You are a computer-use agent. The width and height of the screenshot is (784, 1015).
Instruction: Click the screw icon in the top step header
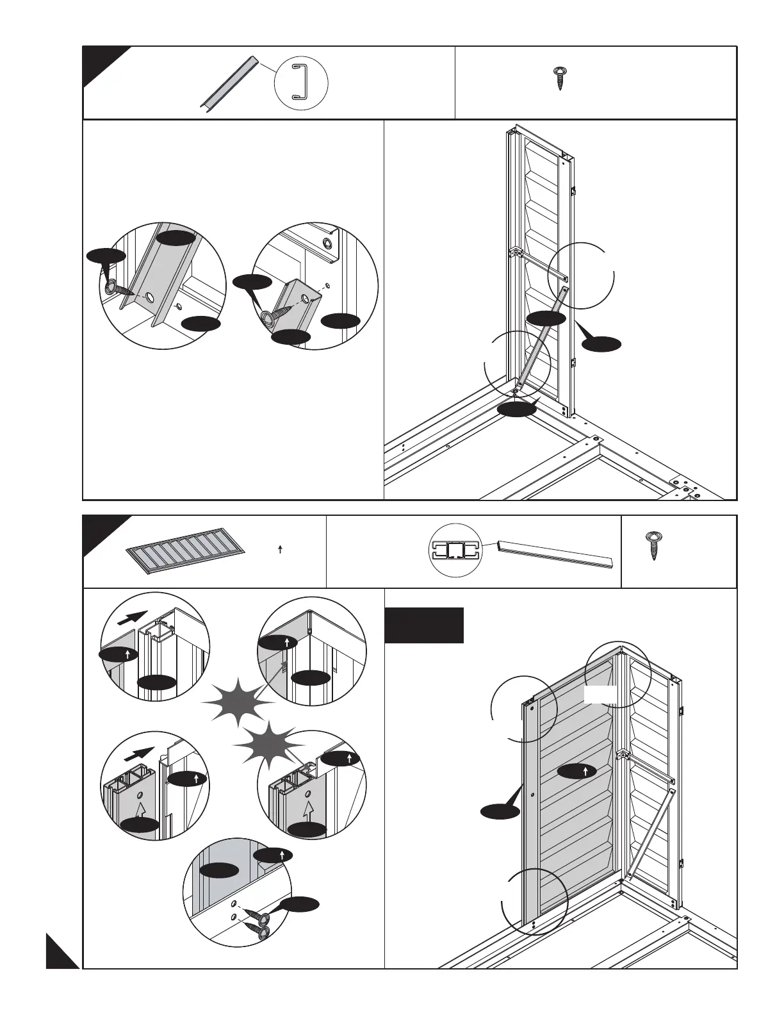point(560,79)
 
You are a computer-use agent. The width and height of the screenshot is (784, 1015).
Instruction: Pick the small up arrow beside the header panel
point(281,549)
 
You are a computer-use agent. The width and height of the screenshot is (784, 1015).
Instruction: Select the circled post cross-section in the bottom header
point(454,549)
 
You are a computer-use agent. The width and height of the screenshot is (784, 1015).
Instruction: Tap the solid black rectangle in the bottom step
point(424,625)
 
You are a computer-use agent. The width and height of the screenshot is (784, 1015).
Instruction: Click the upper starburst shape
point(240,702)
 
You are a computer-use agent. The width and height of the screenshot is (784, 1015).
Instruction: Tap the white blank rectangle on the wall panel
point(600,695)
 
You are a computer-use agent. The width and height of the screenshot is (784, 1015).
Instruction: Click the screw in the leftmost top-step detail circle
point(115,286)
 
